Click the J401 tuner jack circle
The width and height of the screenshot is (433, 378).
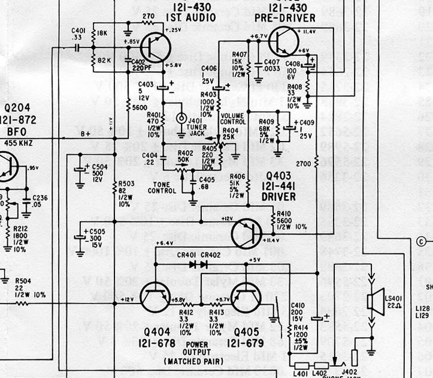point(180,118)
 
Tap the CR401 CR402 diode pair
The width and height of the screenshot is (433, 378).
point(198,263)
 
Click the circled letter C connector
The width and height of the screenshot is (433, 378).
point(422,242)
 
